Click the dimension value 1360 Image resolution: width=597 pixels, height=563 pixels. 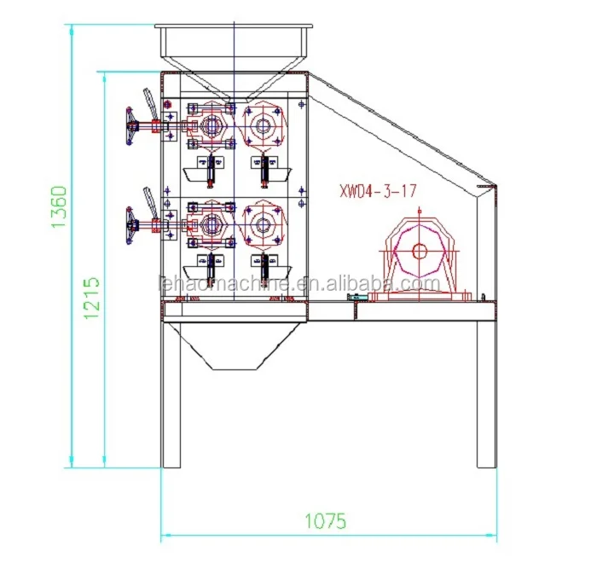pyautogui.click(x=59, y=206)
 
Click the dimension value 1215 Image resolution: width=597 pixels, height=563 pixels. pyautogui.click(x=91, y=298)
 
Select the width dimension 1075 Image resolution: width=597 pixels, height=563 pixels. pyautogui.click(x=326, y=520)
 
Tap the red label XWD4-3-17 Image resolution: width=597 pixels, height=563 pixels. pyautogui.click(x=378, y=191)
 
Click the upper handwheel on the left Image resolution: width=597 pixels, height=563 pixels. pyautogui.click(x=130, y=126)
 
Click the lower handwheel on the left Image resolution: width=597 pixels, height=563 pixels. pyautogui.click(x=130, y=225)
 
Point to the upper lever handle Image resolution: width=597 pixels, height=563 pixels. pyautogui.click(x=149, y=103)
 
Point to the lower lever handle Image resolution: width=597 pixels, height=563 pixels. pyautogui.click(x=149, y=202)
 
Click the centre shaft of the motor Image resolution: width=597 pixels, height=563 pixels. pyautogui.click(x=420, y=251)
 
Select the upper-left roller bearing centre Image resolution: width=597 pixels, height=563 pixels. pyautogui.click(x=210, y=125)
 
